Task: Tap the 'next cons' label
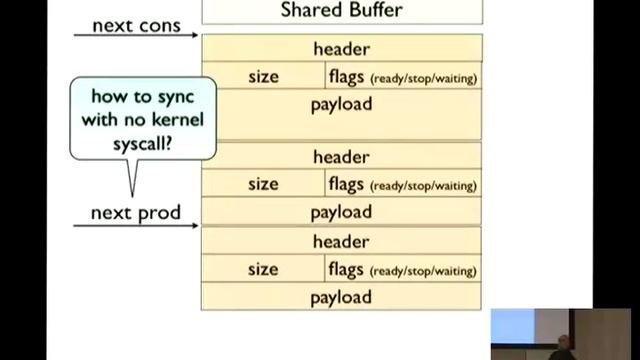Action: click(x=137, y=24)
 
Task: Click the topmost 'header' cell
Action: click(x=341, y=49)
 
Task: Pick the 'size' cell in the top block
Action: click(x=263, y=76)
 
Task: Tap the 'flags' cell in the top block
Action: click(x=403, y=76)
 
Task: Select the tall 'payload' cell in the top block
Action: click(x=341, y=113)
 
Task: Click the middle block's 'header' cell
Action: click(x=341, y=157)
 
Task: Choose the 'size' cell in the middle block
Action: click(x=263, y=184)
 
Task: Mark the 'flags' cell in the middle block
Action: click(x=403, y=184)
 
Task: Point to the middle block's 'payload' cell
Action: click(x=341, y=212)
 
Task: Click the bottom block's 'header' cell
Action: click(x=341, y=242)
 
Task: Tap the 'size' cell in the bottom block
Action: click(x=263, y=269)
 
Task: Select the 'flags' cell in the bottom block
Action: click(x=403, y=269)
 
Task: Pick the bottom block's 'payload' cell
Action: click(x=341, y=297)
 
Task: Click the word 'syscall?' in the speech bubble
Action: click(x=143, y=142)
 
